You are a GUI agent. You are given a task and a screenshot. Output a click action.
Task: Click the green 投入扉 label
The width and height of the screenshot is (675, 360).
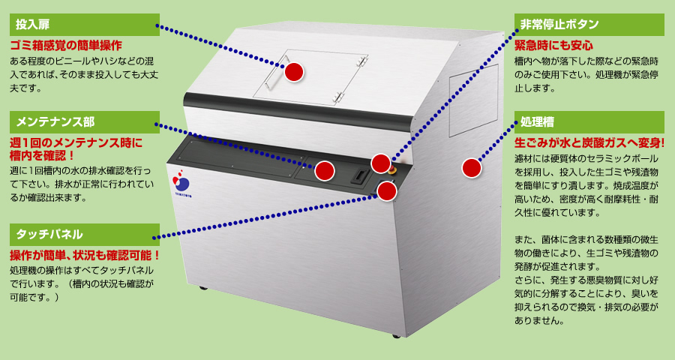[x=84, y=25]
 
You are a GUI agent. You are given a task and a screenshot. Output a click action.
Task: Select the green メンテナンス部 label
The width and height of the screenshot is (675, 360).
[x=84, y=122]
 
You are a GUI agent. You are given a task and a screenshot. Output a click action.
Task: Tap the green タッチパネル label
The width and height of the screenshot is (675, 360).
[x=84, y=235]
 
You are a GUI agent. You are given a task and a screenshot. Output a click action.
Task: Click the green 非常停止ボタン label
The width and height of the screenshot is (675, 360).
[x=589, y=25]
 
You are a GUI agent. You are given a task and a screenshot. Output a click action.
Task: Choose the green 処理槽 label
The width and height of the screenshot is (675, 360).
[x=589, y=122]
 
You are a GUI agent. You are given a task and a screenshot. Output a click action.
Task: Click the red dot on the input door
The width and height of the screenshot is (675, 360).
[x=295, y=72]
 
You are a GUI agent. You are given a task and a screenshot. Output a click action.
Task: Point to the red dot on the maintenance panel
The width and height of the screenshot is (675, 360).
[x=325, y=171]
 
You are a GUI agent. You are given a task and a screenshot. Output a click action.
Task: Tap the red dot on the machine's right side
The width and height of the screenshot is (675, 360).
[x=472, y=168]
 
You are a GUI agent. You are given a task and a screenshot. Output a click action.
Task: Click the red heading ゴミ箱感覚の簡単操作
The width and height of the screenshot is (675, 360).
[x=66, y=46]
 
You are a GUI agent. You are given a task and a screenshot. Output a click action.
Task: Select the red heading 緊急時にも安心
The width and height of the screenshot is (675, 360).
[x=553, y=46]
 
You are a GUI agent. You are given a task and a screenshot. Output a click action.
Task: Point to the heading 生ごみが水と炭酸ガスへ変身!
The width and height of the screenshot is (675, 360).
[x=589, y=143]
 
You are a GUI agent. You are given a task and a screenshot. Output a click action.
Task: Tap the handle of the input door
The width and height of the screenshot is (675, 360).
[x=275, y=72]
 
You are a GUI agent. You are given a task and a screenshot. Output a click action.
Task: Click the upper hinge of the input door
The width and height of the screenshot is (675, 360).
[x=362, y=60]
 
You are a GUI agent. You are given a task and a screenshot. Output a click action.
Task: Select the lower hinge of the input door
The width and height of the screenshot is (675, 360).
[x=339, y=97]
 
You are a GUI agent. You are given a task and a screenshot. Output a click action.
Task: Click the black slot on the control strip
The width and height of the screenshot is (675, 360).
[x=359, y=175]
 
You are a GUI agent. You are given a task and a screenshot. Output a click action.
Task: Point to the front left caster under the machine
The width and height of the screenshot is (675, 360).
[x=203, y=288]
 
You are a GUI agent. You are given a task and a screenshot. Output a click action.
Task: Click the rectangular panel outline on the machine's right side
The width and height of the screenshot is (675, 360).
[x=473, y=100]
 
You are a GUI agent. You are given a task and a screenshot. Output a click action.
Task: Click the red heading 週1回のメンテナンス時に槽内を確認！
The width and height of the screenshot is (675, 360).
[x=76, y=148]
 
